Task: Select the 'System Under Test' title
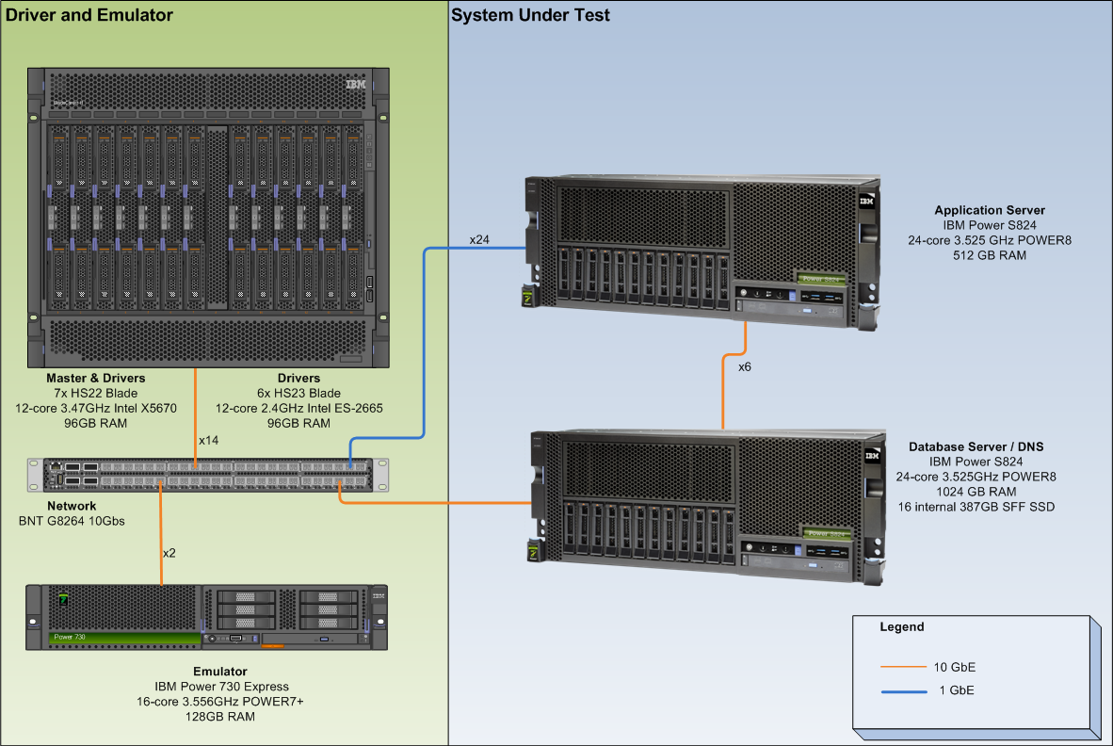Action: pos(530,15)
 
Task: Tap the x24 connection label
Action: pos(479,239)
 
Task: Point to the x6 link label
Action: pos(745,366)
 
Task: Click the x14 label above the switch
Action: pos(209,440)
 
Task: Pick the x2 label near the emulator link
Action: pos(169,553)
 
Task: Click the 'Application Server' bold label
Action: pos(990,210)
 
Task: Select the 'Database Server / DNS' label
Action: pos(976,446)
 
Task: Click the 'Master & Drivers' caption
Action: pos(96,379)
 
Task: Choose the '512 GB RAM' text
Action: pos(990,255)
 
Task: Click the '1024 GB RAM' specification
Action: pos(976,492)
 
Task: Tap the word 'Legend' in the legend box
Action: pos(901,626)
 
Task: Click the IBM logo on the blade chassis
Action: pos(355,85)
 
